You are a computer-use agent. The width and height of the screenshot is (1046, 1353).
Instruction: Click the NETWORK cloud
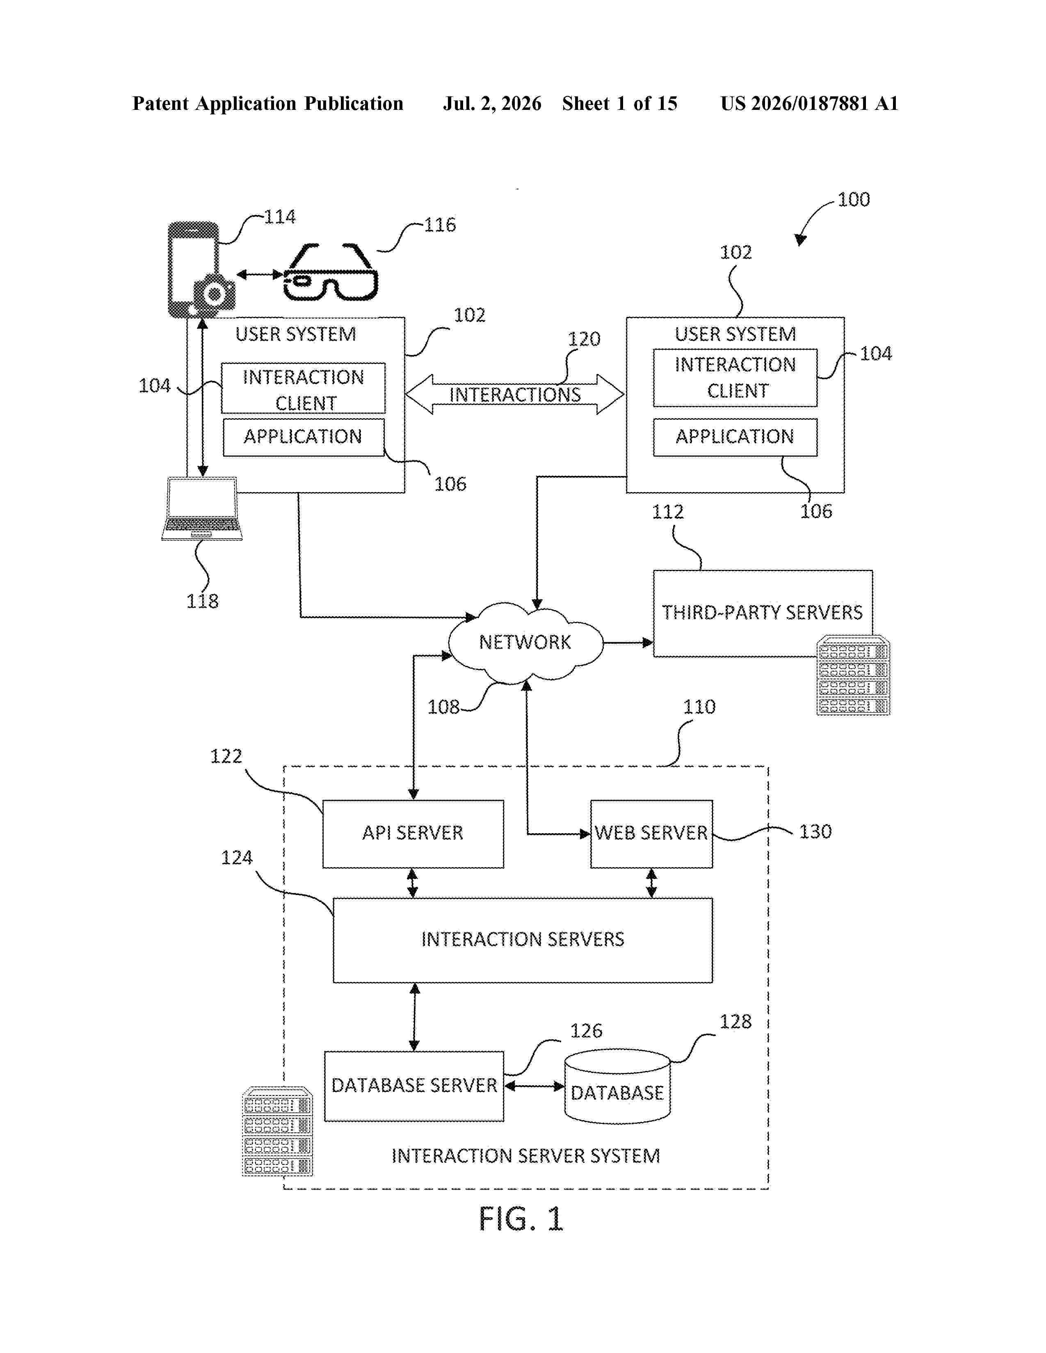pos(525,642)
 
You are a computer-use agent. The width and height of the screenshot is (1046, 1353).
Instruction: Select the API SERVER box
pos(413,834)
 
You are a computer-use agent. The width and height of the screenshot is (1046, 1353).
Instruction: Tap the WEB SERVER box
pos(651,834)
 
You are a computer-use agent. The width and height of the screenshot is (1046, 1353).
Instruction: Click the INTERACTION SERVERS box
pos(522,940)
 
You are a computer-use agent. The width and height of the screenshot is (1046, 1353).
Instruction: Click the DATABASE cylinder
pos(617,1086)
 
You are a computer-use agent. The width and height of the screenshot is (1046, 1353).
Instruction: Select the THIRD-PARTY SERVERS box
pos(763,613)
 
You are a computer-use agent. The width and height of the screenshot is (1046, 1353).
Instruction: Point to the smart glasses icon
pos(330,272)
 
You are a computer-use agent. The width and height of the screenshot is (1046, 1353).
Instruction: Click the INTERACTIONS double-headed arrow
pos(514,394)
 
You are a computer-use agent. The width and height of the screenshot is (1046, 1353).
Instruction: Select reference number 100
pos(853,200)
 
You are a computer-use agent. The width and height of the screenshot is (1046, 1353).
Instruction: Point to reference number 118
pos(203,601)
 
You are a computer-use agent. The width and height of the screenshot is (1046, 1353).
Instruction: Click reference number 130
pos(815,831)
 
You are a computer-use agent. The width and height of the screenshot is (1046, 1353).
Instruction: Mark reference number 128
pos(735,1022)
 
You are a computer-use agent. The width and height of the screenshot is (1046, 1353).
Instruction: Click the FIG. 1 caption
pos(521,1219)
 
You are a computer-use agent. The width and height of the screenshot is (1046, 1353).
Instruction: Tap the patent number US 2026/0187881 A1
pos(809,103)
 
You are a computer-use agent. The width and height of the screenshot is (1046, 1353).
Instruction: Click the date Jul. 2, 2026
pos(492,103)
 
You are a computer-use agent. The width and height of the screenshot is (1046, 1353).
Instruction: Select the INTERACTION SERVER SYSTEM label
pos(525,1156)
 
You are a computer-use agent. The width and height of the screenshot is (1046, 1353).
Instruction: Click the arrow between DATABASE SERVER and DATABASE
pos(534,1086)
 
